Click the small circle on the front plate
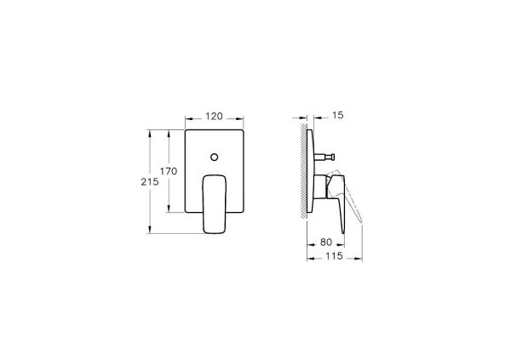coord(214,157)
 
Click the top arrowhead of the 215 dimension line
coord(151,132)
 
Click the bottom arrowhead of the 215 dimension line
coord(151,231)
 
